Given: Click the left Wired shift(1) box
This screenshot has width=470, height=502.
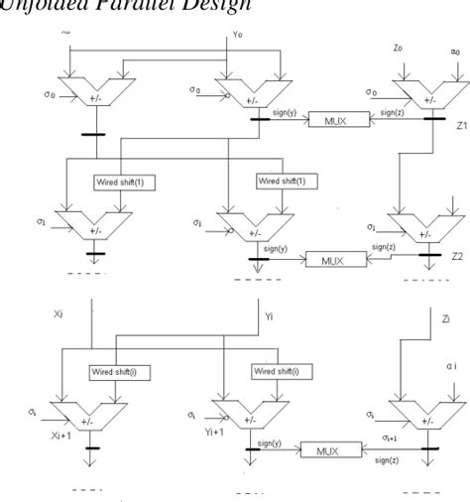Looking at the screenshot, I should coord(121,183).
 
